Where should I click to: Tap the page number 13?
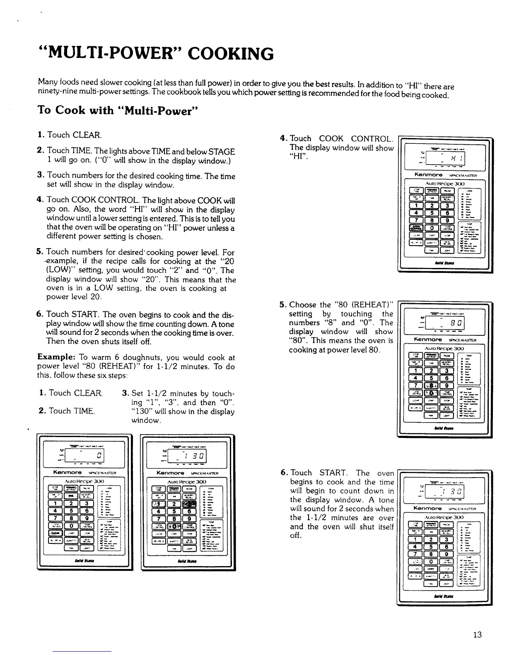coord(477,635)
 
